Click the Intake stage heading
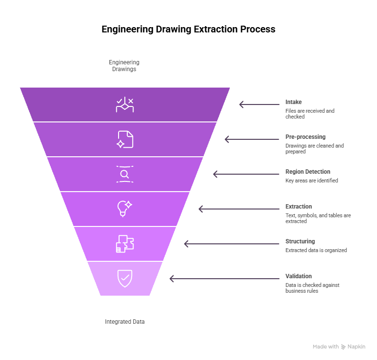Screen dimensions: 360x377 pyautogui.click(x=293, y=102)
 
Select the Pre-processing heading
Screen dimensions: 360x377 pyautogui.click(x=305, y=137)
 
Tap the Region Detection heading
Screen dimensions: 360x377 pyautogui.click(x=308, y=172)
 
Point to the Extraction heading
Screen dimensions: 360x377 pyautogui.click(x=299, y=207)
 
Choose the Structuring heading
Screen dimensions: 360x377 pyautogui.click(x=300, y=241)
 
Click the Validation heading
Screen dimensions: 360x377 pyautogui.click(x=299, y=276)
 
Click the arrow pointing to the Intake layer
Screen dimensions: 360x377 pyautogui.click(x=259, y=104)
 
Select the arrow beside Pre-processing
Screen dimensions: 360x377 pyautogui.click(x=252, y=139)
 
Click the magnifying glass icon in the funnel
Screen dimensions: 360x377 pyautogui.click(x=125, y=174)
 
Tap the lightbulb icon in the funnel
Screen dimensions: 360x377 pyautogui.click(x=124, y=209)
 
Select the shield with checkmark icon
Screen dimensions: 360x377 pyautogui.click(x=125, y=278)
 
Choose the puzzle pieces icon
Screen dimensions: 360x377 pyautogui.click(x=125, y=244)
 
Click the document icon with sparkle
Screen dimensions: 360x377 pyautogui.click(x=125, y=139)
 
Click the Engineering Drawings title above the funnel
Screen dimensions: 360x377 pyautogui.click(x=124, y=66)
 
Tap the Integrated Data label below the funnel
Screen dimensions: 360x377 pyautogui.click(x=125, y=322)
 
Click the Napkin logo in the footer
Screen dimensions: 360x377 pyautogui.click(x=353, y=347)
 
